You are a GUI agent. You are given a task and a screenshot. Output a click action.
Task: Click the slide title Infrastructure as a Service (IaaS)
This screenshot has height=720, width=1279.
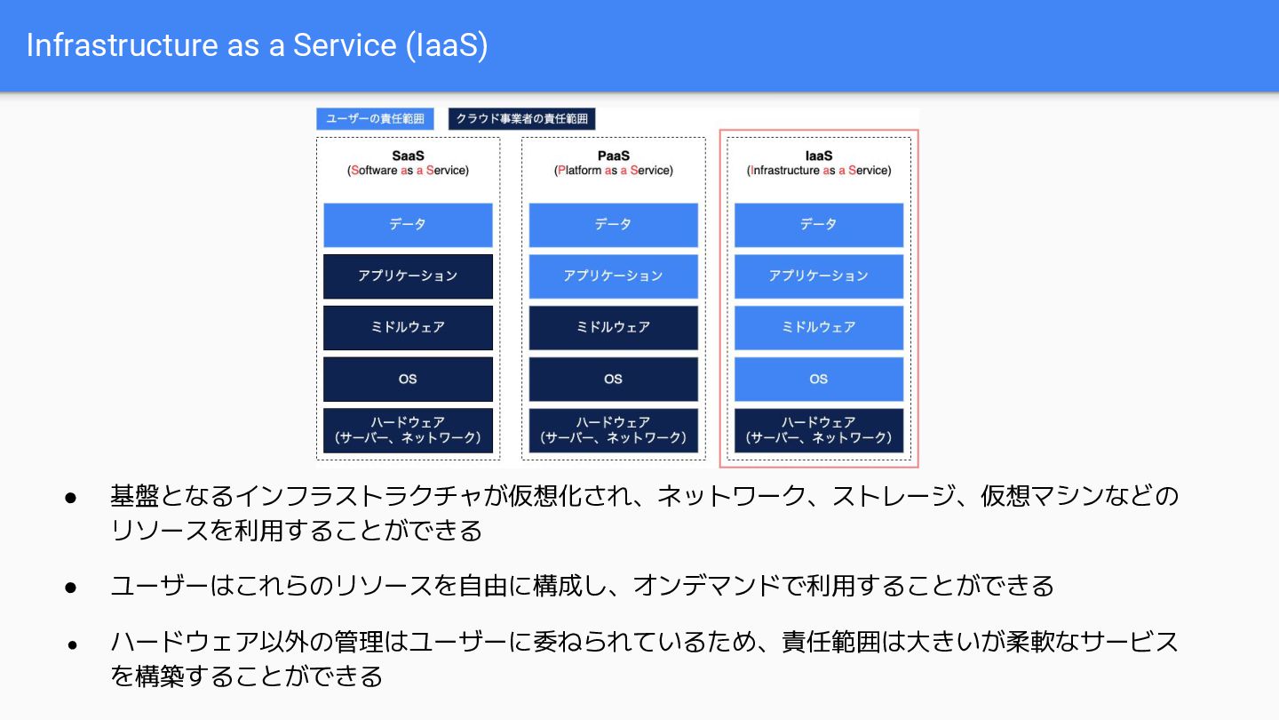click(x=257, y=45)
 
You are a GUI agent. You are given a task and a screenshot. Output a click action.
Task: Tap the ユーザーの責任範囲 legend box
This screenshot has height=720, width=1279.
click(x=375, y=118)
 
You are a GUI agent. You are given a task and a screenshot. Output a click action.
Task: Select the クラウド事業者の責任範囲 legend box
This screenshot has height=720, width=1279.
click(x=521, y=118)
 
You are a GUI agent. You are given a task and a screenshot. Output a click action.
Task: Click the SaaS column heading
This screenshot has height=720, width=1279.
click(x=408, y=156)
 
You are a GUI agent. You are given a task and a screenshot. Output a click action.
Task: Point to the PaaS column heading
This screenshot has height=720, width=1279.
click(x=613, y=156)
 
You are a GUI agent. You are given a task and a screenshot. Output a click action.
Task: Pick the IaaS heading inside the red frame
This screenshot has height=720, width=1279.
click(x=818, y=156)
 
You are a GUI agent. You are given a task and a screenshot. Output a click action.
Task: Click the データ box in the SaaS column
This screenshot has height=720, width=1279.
click(x=408, y=225)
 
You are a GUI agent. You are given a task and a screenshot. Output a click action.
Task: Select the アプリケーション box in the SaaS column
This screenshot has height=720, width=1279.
click(x=408, y=276)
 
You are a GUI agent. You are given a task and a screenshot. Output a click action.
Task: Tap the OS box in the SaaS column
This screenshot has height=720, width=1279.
click(x=408, y=380)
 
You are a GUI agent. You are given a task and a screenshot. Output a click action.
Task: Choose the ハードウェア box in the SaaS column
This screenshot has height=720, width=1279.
click(x=408, y=430)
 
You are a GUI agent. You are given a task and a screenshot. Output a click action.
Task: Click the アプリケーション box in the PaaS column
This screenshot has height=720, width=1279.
click(x=613, y=276)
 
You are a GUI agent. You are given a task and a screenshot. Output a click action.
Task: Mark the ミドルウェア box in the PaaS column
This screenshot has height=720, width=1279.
click(x=613, y=328)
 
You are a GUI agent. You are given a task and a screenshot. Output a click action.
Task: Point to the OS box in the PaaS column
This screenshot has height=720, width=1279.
click(x=613, y=380)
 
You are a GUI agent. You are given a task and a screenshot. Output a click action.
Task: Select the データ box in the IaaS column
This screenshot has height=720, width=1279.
click(x=818, y=225)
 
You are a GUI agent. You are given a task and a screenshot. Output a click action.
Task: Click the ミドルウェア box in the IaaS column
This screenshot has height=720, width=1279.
click(x=818, y=328)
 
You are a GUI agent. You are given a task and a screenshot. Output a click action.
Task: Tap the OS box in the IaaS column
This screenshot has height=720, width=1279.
click(x=818, y=380)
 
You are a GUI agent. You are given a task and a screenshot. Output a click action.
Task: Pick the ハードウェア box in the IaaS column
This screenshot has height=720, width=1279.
click(x=818, y=430)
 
